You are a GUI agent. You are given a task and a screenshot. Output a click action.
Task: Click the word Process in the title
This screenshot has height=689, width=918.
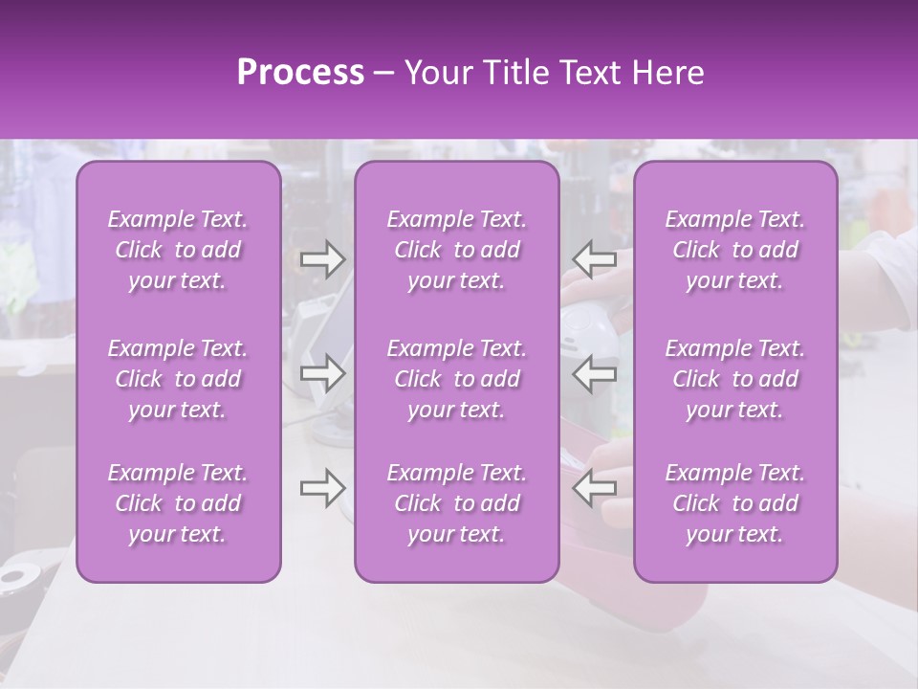(300, 73)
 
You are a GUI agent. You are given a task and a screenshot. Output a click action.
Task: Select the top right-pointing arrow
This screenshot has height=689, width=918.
(323, 258)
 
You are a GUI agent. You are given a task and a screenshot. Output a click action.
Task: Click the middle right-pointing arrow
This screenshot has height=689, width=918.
(323, 373)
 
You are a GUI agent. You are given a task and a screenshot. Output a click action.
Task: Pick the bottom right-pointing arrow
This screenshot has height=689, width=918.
(323, 488)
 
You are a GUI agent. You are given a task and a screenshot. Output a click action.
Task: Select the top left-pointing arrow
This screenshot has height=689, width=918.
(595, 258)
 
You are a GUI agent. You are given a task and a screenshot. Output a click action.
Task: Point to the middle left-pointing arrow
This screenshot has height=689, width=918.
(595, 373)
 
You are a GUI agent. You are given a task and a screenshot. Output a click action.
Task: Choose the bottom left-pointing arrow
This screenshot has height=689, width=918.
(595, 488)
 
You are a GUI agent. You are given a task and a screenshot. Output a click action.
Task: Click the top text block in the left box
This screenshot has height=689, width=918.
(178, 250)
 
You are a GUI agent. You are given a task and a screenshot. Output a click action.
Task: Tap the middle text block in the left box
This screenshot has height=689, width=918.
(178, 379)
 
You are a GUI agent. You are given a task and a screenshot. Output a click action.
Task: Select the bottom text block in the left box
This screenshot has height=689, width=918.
(178, 503)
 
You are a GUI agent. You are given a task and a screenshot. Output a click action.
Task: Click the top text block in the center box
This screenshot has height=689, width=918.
(457, 250)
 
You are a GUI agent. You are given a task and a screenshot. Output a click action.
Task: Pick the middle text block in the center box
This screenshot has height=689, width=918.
(457, 379)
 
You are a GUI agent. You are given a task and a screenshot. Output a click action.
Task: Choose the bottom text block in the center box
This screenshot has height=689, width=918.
(457, 503)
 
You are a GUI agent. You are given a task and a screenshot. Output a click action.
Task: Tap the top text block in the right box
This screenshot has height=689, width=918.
(735, 250)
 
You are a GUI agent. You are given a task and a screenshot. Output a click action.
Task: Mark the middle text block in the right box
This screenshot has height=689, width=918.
(735, 379)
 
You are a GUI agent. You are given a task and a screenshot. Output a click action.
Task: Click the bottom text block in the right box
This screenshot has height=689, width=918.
(735, 503)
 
